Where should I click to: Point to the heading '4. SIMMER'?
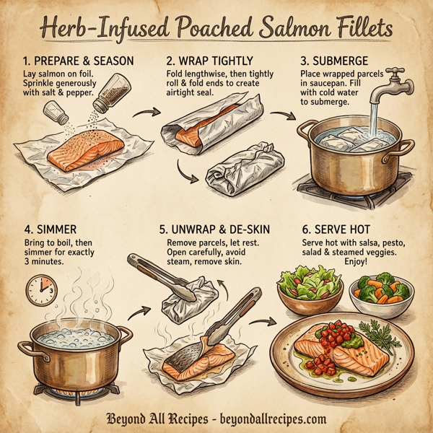click(47, 230)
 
